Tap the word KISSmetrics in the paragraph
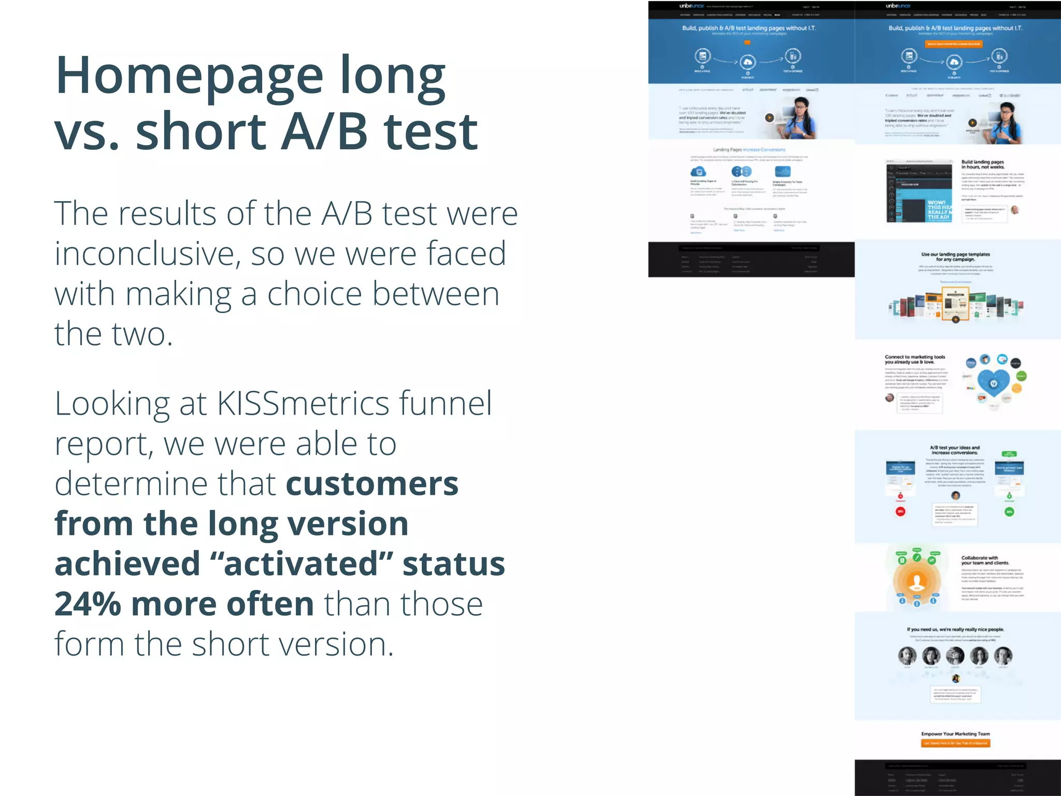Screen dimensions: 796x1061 303,404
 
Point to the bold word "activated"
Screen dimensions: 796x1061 308,564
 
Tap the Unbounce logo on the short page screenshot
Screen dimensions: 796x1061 692,6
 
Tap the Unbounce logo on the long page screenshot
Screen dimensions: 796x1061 898,6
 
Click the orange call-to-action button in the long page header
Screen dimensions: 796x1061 953,44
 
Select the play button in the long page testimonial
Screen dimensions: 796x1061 972,123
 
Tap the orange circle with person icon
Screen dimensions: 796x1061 917,581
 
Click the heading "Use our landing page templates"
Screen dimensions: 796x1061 955,257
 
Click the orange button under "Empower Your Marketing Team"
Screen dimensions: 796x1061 955,743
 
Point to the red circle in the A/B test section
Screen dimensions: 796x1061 901,511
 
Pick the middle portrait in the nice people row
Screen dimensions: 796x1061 955,656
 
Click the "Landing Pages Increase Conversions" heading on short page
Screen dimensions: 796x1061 749,150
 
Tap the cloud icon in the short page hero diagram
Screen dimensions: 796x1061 747,63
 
